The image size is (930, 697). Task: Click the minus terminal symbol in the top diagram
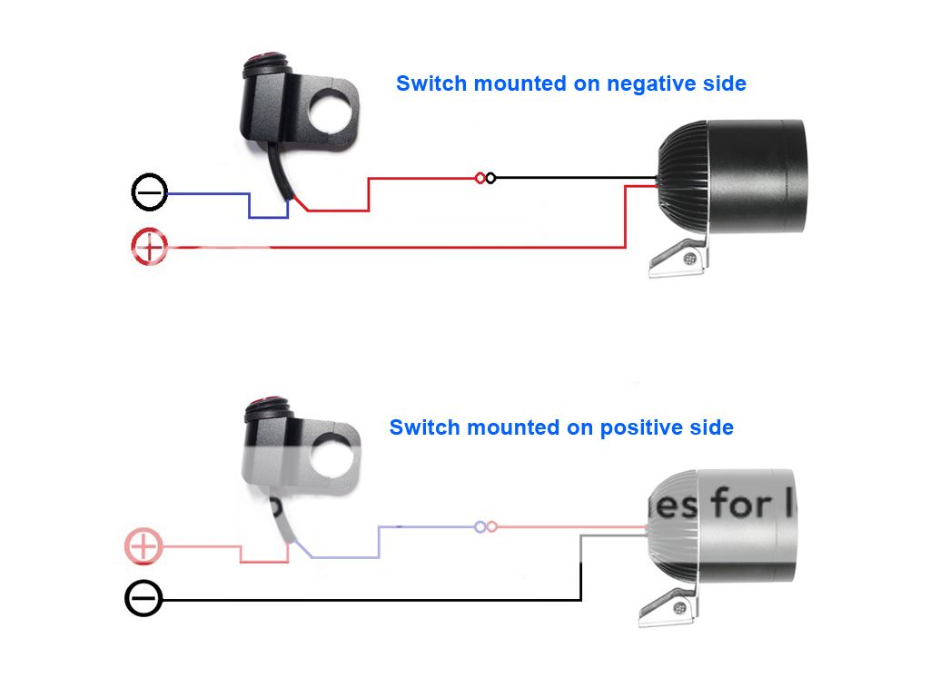click(x=150, y=193)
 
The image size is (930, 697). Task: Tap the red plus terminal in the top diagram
click(x=150, y=247)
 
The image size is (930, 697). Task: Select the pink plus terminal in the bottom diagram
click(x=143, y=546)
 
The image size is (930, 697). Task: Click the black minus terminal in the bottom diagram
click(x=143, y=600)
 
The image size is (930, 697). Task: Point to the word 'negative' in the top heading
click(x=651, y=84)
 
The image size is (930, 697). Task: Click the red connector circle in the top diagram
click(x=480, y=178)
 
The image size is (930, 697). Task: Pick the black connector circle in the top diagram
click(x=491, y=178)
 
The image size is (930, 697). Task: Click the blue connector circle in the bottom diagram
click(x=480, y=526)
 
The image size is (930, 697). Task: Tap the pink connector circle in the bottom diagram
click(x=492, y=526)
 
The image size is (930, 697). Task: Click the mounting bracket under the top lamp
click(x=679, y=259)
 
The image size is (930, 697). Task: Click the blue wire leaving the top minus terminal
click(x=209, y=193)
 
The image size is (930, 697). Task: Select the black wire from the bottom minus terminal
click(x=363, y=600)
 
